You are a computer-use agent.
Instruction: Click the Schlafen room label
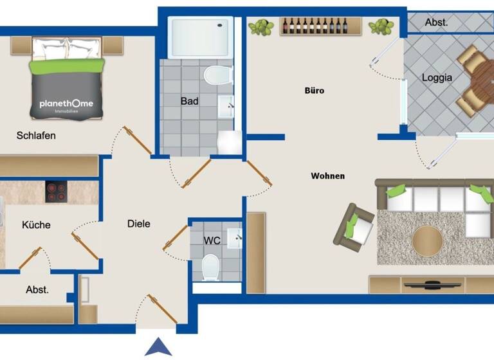pos(36,136)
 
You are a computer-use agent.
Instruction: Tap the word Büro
pos(315,91)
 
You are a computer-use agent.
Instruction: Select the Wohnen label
pos(327,175)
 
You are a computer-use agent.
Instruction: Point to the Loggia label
pos(437,78)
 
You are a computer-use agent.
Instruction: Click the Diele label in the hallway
pos(138,224)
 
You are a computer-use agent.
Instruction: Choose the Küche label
pos(36,225)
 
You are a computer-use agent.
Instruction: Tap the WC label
pos(212,240)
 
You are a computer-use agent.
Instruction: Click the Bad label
pos(189,101)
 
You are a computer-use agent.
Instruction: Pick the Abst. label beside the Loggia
pos(437,22)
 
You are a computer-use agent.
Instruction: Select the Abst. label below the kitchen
pos(37,290)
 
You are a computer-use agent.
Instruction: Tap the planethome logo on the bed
pos(66,104)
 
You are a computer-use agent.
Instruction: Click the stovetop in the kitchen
pos(56,192)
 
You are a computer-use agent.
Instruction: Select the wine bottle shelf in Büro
pos(314,26)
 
